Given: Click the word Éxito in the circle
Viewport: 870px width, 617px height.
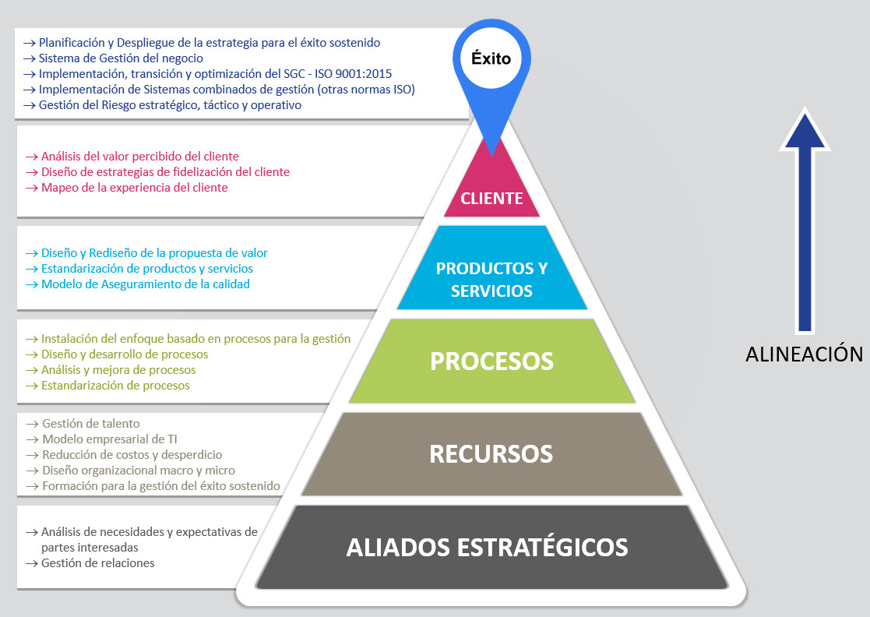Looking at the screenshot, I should coord(491,58).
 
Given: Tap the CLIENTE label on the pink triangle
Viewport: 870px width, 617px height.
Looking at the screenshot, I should coord(491,198).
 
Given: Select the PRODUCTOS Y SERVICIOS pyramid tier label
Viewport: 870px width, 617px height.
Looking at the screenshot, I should coord(491,280).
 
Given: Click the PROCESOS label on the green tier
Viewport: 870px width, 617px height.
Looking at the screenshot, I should coord(491,361).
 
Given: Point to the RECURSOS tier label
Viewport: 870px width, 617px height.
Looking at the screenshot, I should coord(491,453).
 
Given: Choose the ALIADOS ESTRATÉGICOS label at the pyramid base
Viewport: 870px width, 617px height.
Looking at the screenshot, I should coord(487,547).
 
